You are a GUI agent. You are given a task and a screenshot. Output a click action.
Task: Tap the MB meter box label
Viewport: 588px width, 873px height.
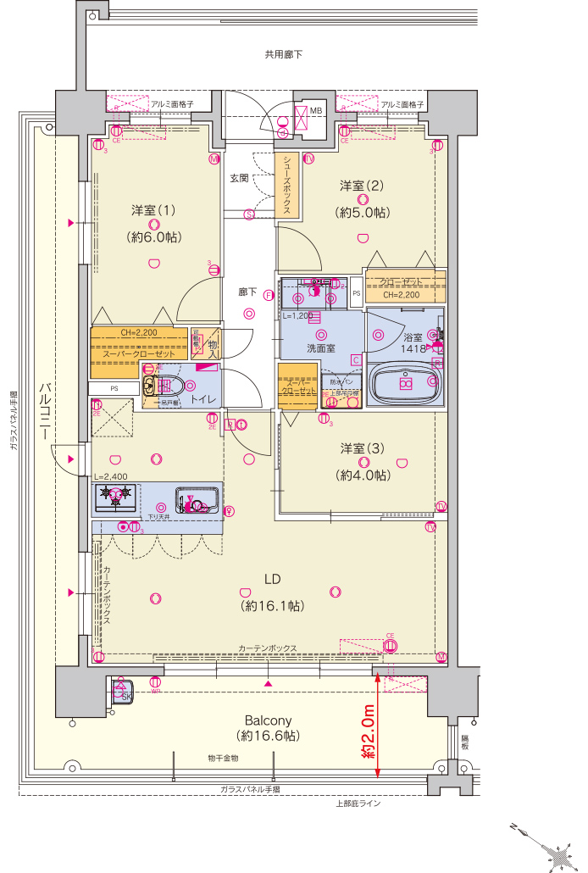click(x=315, y=111)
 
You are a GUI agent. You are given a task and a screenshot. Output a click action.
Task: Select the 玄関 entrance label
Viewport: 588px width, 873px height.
click(x=239, y=179)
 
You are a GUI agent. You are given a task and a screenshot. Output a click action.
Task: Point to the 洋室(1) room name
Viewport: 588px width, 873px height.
click(x=153, y=209)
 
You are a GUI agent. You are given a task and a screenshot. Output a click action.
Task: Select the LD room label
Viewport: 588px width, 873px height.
click(x=272, y=580)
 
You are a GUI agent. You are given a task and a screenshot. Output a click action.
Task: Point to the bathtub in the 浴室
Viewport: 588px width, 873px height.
click(x=404, y=384)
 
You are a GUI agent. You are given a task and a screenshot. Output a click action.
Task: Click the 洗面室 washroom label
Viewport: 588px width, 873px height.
click(x=319, y=348)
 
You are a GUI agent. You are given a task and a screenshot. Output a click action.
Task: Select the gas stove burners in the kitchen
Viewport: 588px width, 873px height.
click(x=114, y=497)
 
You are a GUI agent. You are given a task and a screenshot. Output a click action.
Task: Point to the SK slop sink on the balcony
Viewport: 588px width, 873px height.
click(x=121, y=692)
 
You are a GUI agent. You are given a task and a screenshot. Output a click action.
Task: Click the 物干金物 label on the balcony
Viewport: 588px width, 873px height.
click(x=223, y=758)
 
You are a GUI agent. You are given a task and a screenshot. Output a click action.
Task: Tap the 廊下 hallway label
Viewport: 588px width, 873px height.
click(x=247, y=292)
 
